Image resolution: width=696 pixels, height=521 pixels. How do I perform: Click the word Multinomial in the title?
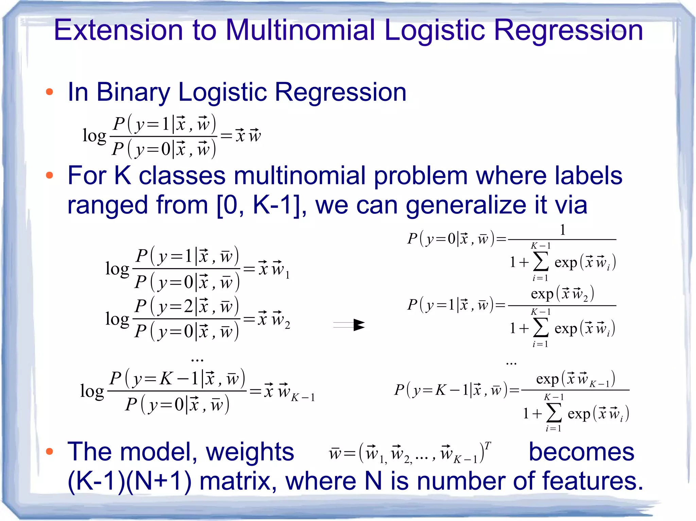[x=300, y=31]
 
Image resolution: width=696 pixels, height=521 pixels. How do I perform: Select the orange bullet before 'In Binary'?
[x=50, y=92]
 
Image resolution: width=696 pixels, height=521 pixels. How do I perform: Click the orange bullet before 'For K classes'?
[x=50, y=175]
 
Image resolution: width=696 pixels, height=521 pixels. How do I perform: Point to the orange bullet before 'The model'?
[x=50, y=451]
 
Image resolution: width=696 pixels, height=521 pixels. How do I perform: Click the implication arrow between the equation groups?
[x=349, y=325]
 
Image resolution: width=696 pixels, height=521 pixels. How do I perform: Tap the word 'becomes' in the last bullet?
[x=581, y=452]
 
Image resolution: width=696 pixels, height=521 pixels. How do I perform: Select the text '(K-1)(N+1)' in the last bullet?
[x=129, y=481]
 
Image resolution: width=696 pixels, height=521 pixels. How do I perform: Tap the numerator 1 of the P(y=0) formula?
[x=562, y=230]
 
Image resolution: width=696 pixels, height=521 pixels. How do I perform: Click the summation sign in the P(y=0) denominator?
[x=541, y=262]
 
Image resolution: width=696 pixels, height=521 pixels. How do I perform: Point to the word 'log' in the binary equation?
[x=94, y=136]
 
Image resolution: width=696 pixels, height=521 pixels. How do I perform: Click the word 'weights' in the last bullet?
[x=250, y=452]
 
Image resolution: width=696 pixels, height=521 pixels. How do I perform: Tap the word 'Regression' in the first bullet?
[x=340, y=92]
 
